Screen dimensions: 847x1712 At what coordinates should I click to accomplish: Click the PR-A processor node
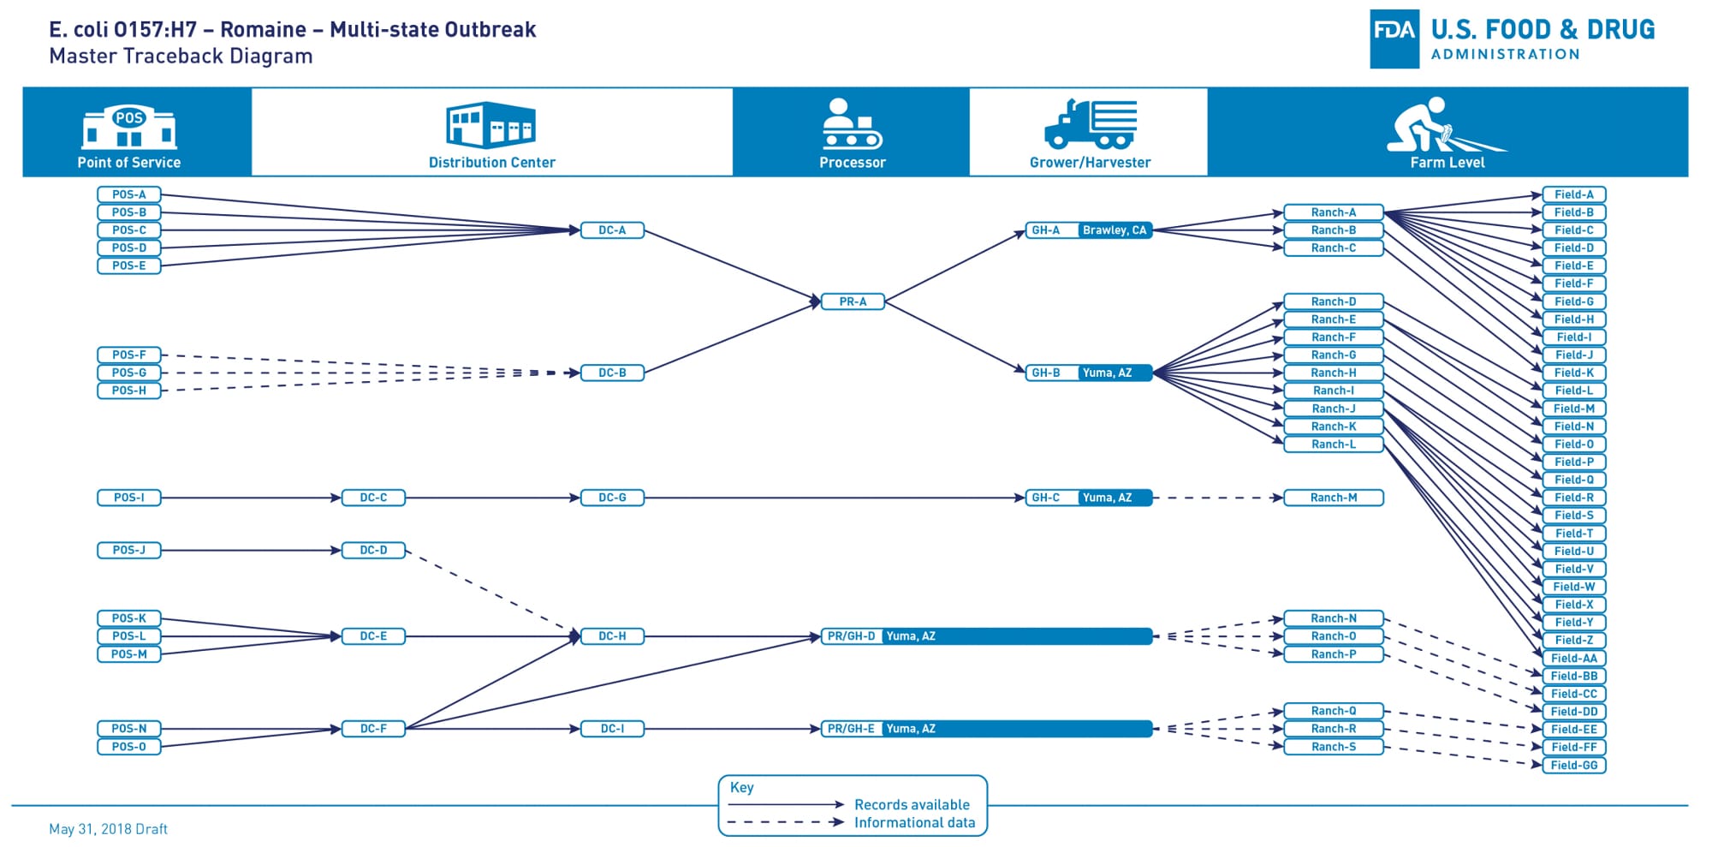click(x=853, y=301)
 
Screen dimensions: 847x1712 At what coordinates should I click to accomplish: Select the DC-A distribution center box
click(x=612, y=230)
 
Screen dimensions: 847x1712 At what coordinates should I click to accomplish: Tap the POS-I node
click(x=129, y=498)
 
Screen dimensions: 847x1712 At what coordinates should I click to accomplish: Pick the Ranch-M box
click(x=1333, y=498)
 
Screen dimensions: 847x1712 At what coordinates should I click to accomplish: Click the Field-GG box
click(x=1573, y=766)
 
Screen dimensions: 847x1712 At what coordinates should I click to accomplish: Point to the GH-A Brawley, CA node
click(x=1089, y=230)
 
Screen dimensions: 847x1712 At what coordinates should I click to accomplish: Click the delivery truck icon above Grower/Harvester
click(x=1091, y=124)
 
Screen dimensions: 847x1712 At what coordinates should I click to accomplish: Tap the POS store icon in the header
click(x=129, y=127)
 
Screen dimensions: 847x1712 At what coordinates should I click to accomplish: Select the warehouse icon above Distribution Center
click(x=490, y=125)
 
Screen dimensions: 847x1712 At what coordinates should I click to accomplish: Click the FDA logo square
click(x=1394, y=39)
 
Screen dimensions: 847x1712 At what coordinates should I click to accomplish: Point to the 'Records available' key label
click(x=912, y=804)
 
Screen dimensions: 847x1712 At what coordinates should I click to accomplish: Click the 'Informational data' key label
click(x=914, y=822)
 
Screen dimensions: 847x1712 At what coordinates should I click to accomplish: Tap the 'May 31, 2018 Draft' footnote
click(x=108, y=829)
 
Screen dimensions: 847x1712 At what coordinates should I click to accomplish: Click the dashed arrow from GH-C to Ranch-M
click(x=1217, y=498)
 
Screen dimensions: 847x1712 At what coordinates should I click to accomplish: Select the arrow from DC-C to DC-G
click(x=492, y=498)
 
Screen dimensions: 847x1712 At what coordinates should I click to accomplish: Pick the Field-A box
click(x=1573, y=194)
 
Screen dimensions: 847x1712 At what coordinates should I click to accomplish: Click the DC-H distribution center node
click(x=612, y=636)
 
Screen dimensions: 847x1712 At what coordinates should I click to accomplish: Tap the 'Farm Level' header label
click(x=1447, y=162)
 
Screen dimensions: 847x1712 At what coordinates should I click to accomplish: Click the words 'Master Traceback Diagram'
click(x=181, y=57)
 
